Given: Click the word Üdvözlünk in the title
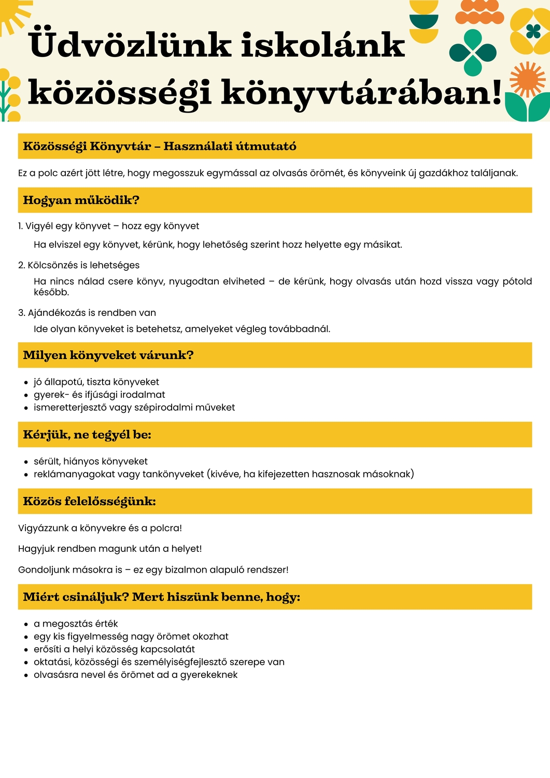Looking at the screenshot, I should tap(130, 46).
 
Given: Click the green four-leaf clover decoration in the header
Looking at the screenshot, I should tap(473, 52).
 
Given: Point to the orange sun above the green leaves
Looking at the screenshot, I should tap(527, 79).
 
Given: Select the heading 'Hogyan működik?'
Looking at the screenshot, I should tap(81, 200).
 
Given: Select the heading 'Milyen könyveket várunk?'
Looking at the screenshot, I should tap(108, 355).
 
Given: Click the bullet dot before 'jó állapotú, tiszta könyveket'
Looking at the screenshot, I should tap(26, 383).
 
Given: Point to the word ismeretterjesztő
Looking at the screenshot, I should tap(70, 408).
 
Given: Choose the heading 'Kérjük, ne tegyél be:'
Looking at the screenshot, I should tap(87, 435).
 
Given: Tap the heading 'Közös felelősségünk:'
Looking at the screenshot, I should tap(89, 501).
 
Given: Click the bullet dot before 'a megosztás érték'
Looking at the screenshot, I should tap(26, 624).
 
